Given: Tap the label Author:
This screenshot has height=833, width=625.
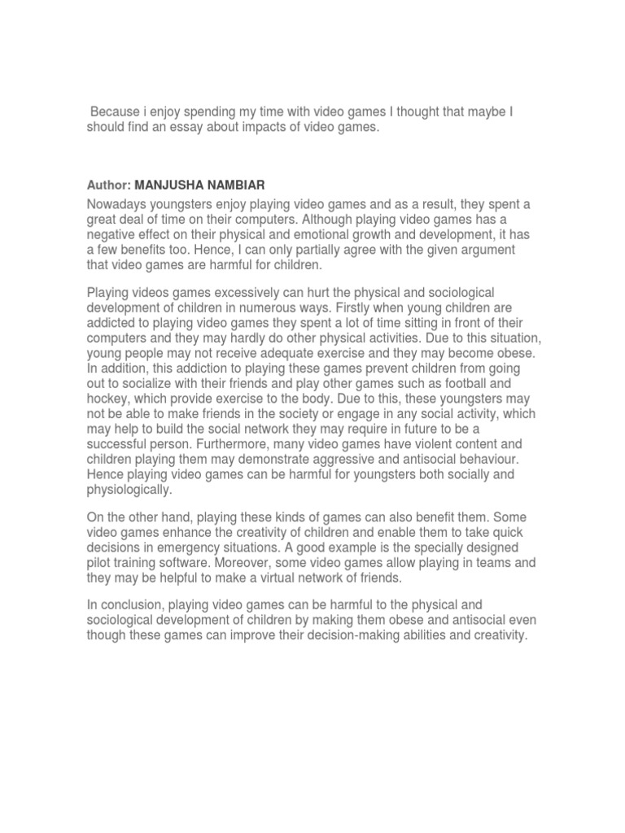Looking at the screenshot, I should tap(109, 186).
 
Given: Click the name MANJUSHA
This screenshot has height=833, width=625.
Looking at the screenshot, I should tap(170, 186).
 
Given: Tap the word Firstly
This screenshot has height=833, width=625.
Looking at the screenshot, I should tap(377, 307).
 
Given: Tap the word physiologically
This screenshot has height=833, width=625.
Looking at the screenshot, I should tap(129, 491).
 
